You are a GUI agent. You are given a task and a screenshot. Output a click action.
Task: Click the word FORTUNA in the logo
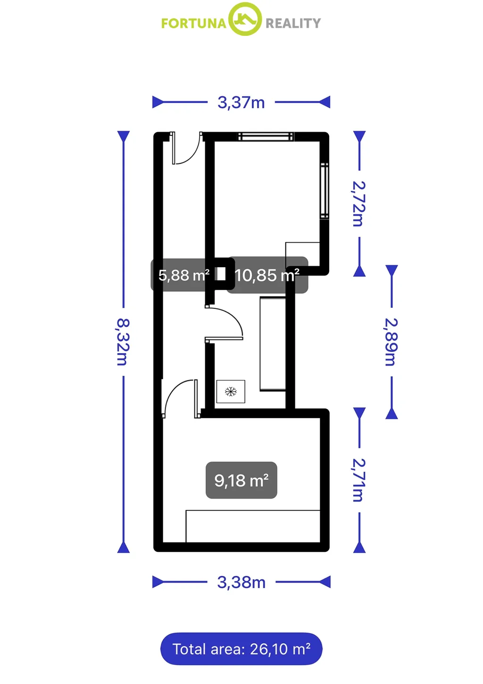coord(193,24)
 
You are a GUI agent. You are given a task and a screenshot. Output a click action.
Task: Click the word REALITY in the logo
coord(293,24)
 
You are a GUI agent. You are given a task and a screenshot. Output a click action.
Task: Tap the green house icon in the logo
coord(245,19)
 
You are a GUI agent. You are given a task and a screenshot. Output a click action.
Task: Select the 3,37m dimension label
coord(241,102)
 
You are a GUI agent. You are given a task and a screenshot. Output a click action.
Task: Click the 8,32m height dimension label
coord(123,342)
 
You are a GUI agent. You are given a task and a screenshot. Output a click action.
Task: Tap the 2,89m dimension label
coord(391,342)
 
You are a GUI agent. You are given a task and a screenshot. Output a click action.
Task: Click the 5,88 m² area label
coord(184,275)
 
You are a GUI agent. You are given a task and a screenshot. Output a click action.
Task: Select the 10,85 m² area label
coord(267,275)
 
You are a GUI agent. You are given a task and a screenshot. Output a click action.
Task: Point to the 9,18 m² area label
coord(241,481)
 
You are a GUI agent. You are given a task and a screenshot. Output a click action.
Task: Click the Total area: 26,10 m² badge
coord(241,649)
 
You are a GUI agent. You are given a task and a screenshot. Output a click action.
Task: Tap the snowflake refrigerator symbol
coord(231,391)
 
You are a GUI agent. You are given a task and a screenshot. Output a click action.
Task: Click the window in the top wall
coord(266,136)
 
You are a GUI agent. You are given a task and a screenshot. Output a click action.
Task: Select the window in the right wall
coord(325,191)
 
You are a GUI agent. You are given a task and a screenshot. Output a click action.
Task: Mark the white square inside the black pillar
coord(221,274)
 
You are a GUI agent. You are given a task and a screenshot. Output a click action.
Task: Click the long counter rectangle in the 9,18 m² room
coord(253,526)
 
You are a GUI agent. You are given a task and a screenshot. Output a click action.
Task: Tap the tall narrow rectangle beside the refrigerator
coord(273,344)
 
